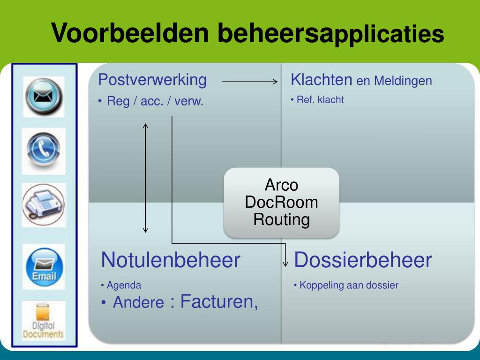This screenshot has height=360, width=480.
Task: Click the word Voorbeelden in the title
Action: pyautogui.click(x=129, y=33)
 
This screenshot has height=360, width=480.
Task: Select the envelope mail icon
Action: pyautogui.click(x=44, y=97)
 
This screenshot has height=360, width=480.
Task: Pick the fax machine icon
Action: pyautogui.click(x=44, y=205)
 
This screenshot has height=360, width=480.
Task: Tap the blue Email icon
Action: pyautogui.click(x=44, y=266)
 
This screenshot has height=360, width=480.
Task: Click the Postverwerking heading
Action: pyautogui.click(x=152, y=80)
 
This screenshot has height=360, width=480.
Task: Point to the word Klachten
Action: pyautogui.click(x=321, y=80)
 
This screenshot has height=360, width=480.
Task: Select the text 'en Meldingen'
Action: pyautogui.click(x=394, y=81)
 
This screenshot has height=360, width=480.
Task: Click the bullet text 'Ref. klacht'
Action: pyautogui.click(x=320, y=99)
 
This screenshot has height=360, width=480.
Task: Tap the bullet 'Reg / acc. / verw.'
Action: pyautogui.click(x=155, y=101)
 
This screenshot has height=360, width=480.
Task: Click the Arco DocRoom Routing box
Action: pyautogui.click(x=281, y=202)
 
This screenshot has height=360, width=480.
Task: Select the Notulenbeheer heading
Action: pyautogui.click(x=171, y=260)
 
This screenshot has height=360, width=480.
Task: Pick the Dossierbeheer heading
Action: pyautogui.click(x=363, y=260)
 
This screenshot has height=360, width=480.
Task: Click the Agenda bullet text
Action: pyautogui.click(x=124, y=285)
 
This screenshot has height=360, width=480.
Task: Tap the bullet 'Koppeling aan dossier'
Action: pyautogui.click(x=349, y=285)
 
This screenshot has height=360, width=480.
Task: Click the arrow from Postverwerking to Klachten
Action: pyautogui.click(x=250, y=82)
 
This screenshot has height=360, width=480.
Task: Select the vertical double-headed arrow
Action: pyautogui.click(x=146, y=178)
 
